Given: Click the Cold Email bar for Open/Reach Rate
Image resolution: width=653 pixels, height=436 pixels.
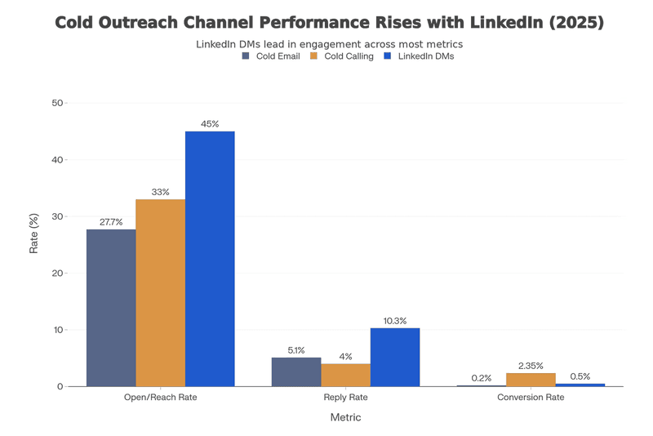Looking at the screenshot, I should click(111, 308).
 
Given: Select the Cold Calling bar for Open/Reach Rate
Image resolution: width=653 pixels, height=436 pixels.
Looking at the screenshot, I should click(160, 293).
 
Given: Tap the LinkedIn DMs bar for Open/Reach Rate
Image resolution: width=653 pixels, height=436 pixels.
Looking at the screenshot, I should click(210, 259).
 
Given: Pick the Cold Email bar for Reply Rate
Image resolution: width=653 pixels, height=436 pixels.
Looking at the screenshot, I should click(296, 371).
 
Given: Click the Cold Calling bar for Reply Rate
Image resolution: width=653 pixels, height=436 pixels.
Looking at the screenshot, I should click(345, 375).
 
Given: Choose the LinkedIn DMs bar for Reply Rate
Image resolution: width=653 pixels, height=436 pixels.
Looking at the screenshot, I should click(395, 357).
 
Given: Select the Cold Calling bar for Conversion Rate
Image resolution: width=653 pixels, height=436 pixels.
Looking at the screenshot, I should click(531, 380).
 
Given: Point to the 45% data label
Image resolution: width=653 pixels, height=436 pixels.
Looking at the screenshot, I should click(210, 124).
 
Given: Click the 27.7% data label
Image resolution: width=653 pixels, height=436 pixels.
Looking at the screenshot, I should click(111, 222).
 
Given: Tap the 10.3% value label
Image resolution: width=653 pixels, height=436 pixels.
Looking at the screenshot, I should click(395, 321).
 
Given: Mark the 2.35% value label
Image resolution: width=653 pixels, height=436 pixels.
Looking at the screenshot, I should click(531, 366).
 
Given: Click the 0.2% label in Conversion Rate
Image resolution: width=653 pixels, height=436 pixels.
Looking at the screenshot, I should click(482, 378).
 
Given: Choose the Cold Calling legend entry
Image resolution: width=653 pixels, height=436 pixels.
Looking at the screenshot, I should click(342, 56).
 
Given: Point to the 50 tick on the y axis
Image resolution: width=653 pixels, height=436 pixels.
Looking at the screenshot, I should click(56, 103).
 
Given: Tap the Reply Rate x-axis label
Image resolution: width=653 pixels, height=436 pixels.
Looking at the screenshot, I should click(345, 398).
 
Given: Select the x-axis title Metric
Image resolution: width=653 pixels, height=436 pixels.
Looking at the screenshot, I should click(345, 417).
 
